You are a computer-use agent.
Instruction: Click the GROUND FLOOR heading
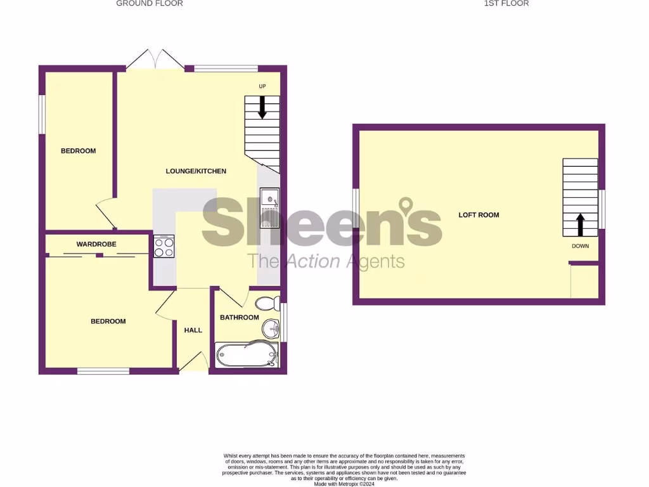point(150,4)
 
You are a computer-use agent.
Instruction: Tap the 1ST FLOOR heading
point(506,4)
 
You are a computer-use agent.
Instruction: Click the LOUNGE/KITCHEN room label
point(196,171)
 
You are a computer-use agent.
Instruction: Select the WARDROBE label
point(96,244)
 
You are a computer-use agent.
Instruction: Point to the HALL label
point(193,330)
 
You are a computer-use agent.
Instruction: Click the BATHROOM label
point(240,317)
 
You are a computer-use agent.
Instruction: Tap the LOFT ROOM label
point(479,215)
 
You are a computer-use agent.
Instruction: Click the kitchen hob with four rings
point(164,246)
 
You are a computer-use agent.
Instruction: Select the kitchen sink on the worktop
point(271,210)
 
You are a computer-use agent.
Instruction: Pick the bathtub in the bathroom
point(247,355)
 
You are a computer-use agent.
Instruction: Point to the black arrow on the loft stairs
point(580,224)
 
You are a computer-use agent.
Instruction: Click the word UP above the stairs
point(262,86)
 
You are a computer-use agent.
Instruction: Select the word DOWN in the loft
point(580,246)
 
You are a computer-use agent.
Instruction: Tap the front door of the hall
point(194,363)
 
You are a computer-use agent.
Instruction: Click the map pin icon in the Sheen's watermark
point(406,207)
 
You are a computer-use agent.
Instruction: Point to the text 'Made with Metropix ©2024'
point(344,484)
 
